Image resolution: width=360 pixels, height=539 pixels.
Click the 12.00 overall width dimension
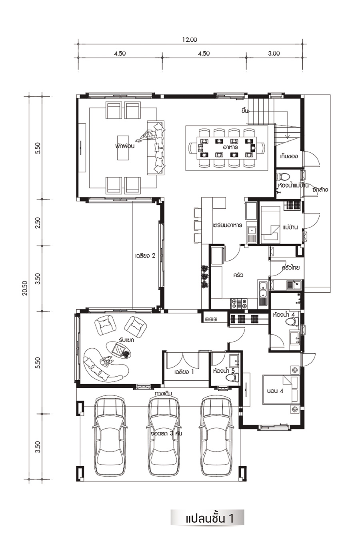tap(189, 40)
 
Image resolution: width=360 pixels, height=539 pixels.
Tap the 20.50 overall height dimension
tap(26, 289)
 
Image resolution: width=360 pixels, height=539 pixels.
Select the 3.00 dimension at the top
tap(274, 53)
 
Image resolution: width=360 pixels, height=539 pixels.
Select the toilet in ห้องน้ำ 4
tap(293, 321)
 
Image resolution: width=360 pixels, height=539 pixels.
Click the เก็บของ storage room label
tap(289, 156)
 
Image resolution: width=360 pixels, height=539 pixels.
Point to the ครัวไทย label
tap(291, 268)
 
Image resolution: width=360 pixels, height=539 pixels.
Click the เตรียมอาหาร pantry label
tap(228, 226)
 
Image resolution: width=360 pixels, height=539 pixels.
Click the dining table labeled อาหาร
tap(227, 147)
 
